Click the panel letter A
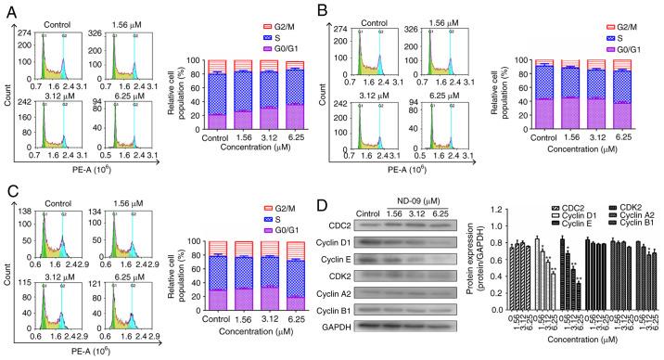coord(7,8)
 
